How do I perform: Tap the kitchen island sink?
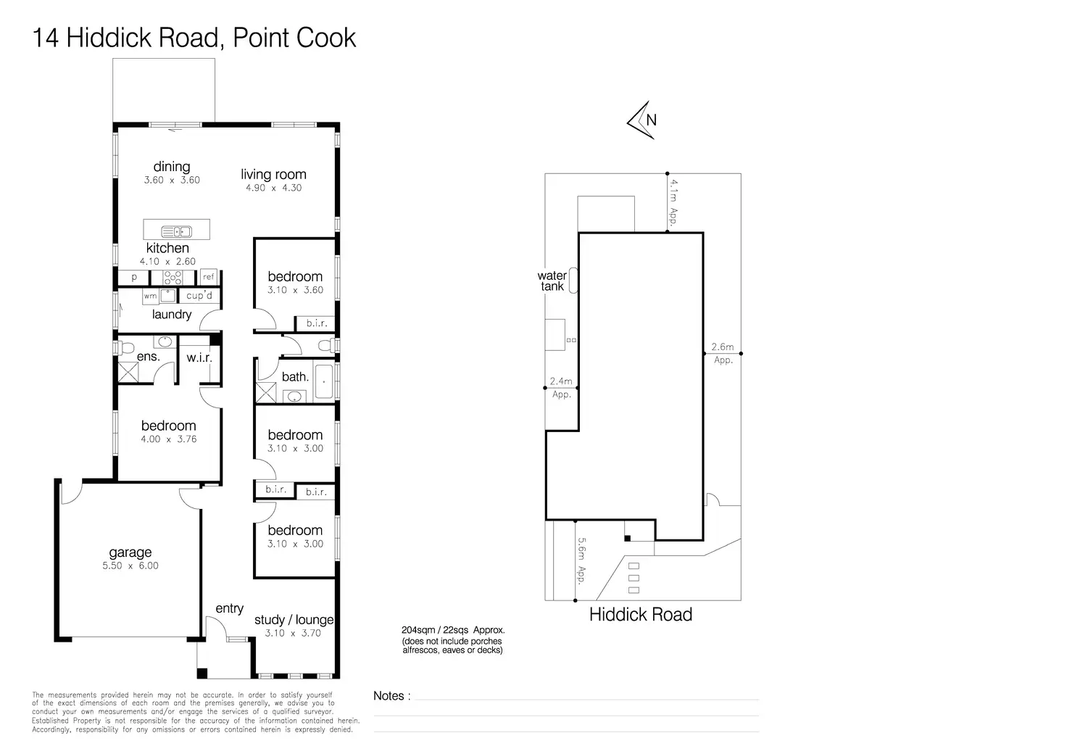click(x=176, y=232)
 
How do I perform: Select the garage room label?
click(x=130, y=552)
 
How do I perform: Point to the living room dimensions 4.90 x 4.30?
click(x=273, y=188)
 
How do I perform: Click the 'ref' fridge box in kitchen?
click(x=209, y=277)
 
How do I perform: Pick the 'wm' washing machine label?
click(x=150, y=296)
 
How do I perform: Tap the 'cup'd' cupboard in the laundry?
click(x=199, y=296)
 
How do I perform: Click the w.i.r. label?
click(x=199, y=357)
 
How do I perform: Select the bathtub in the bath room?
click(x=324, y=381)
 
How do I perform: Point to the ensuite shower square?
click(x=128, y=373)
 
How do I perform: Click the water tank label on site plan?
click(x=552, y=281)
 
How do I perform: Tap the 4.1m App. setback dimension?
click(x=673, y=202)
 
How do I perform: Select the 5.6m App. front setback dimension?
click(x=581, y=560)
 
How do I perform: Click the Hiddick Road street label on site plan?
click(x=640, y=615)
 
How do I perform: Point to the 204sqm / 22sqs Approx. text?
click(x=453, y=630)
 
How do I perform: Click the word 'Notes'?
click(x=389, y=696)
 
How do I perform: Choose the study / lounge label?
click(x=294, y=620)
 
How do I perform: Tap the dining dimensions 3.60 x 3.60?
click(x=172, y=180)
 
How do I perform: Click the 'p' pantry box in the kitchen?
click(x=134, y=277)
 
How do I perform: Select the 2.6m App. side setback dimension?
click(x=723, y=353)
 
